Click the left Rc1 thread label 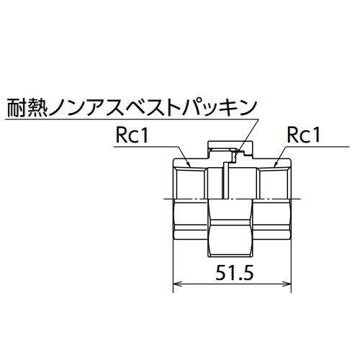tap(132, 135)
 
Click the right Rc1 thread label tap(303, 135)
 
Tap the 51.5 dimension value tap(234, 273)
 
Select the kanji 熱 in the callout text tap(37, 108)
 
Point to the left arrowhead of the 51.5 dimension tap(177, 284)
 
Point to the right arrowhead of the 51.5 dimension tap(287, 284)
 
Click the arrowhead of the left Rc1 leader tap(189, 164)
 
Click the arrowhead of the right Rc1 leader tap(276, 164)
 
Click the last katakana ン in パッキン tap(248, 108)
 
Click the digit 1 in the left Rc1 tap(145, 135)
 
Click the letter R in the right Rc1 tap(293, 135)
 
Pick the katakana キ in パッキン tap(228, 108)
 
